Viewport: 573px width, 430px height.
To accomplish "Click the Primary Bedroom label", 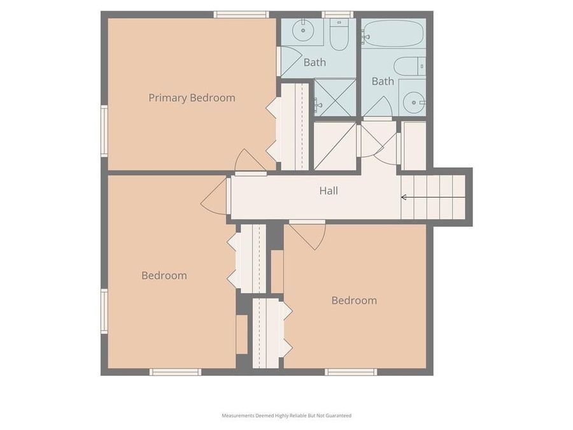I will pyautogui.click(x=192, y=98).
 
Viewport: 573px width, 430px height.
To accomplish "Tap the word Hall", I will pyautogui.click(x=329, y=190).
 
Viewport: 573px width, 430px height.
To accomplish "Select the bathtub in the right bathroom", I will pyautogui.click(x=393, y=34).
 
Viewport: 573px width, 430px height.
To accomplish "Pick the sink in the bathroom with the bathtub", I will pyautogui.click(x=414, y=101).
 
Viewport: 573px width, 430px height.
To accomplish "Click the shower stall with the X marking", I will pyautogui.click(x=336, y=97).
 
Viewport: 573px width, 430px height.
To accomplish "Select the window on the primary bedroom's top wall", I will pyautogui.click(x=241, y=14).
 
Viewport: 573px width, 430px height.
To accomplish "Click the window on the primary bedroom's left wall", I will pyautogui.click(x=104, y=131).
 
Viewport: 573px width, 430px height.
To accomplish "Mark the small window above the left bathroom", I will pyautogui.click(x=337, y=14).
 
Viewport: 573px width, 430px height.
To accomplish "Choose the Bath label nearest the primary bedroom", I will pyautogui.click(x=315, y=62).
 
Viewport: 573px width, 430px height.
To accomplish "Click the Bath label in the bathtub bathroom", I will pyautogui.click(x=383, y=82).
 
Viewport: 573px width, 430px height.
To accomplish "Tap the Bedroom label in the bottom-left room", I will pyautogui.click(x=164, y=276).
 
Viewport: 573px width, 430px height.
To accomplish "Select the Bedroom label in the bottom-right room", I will pyautogui.click(x=354, y=301).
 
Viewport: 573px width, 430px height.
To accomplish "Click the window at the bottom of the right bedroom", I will pyautogui.click(x=350, y=372).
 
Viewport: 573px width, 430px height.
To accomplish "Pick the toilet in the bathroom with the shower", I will pyautogui.click(x=339, y=36).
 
